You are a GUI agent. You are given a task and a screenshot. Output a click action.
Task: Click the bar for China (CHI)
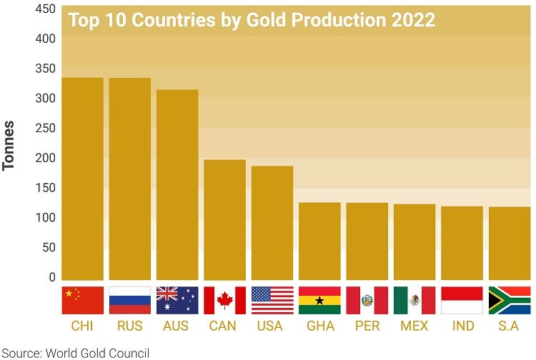point(83,179)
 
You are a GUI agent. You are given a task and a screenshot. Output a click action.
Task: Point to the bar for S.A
point(509,243)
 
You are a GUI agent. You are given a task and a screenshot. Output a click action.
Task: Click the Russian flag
point(130,301)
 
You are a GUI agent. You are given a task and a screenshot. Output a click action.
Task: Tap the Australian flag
point(177,301)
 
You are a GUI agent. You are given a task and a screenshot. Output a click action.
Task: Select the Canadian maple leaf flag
point(224,301)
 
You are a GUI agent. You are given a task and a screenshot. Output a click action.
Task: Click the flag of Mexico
point(415,301)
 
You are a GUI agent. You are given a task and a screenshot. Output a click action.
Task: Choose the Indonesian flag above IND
point(462,301)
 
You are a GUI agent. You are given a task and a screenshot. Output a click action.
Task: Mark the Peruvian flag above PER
point(367,301)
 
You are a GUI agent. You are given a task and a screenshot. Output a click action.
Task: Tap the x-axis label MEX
point(415,326)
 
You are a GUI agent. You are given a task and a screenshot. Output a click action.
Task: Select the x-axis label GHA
point(319,326)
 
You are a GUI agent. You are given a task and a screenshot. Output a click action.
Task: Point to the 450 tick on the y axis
point(45,9)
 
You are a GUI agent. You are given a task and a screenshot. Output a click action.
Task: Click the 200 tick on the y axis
point(45,158)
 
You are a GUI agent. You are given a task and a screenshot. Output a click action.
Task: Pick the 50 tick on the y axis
point(46,247)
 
